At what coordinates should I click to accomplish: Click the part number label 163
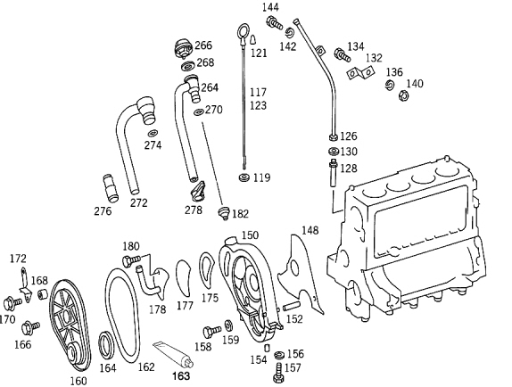[x=181, y=376]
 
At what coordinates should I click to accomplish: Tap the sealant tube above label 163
[x=173, y=355]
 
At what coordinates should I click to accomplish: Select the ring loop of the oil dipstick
[x=243, y=31]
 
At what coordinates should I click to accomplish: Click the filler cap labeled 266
[x=183, y=49]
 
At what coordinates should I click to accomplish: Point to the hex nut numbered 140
[x=403, y=95]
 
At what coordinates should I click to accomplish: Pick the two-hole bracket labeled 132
[x=359, y=73]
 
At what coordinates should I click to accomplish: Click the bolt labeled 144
[x=274, y=22]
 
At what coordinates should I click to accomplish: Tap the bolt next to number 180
[x=131, y=260]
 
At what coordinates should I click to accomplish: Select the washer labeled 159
[x=228, y=326]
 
